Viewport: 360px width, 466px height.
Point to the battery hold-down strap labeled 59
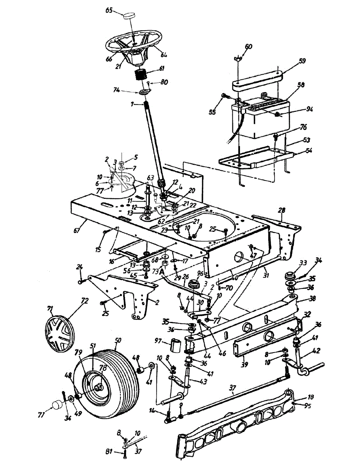[256, 80]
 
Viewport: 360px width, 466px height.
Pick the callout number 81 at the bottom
[110, 451]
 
